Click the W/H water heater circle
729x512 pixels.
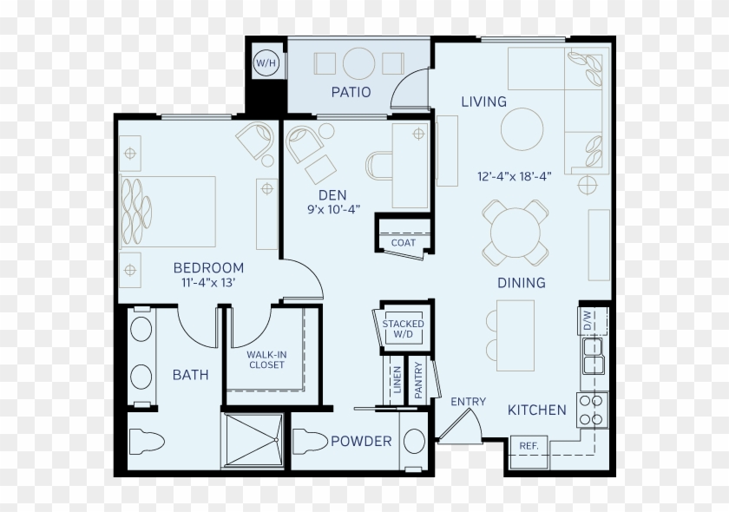point(266,63)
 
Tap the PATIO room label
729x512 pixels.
point(351,92)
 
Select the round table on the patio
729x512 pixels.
point(358,63)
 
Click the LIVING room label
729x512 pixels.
point(483,102)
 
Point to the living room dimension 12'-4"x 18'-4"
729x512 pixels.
point(514,176)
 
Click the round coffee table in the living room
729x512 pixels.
point(522,128)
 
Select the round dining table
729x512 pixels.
point(516,233)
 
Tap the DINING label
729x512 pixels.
point(522,282)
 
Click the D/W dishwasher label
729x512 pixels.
point(587,320)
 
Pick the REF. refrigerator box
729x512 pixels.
point(529,452)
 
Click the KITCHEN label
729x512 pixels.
point(537,410)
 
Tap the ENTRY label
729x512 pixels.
point(468,401)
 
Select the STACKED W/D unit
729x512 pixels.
point(403,328)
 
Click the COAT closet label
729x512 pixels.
point(403,242)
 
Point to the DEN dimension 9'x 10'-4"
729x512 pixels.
point(333,209)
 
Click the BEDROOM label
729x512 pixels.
point(208,268)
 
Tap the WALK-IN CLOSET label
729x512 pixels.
point(266,360)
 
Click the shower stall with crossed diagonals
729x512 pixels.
point(253,439)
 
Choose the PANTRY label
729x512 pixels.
point(418,380)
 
